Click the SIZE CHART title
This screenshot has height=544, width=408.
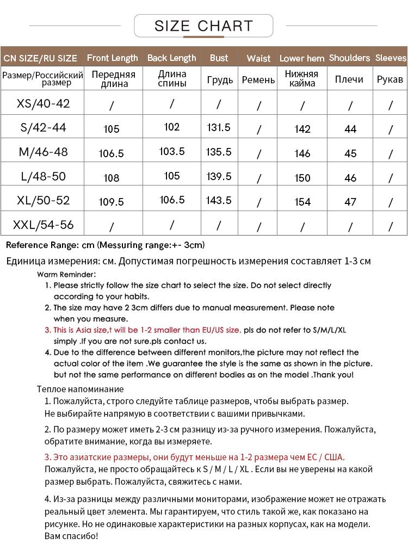[203, 26]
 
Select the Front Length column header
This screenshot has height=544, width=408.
[112, 58]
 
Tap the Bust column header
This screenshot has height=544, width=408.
[219, 58]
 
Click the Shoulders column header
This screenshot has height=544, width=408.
[349, 58]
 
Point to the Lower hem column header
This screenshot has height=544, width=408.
[302, 58]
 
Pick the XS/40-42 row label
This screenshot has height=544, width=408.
[44, 103]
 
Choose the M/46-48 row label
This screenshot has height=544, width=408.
[44, 152]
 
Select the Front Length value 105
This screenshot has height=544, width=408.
[112, 129]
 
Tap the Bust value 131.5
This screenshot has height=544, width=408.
[219, 127]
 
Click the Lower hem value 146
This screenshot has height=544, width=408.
[302, 153]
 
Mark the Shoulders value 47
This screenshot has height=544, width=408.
[350, 202]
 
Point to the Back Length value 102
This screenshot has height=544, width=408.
[171, 127]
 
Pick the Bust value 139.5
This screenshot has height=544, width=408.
[219, 176]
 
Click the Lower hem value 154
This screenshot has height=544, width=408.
[302, 202]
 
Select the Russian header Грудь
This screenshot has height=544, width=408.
[220, 80]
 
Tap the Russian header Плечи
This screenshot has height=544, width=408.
[349, 79]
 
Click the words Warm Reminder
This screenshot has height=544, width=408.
[66, 274]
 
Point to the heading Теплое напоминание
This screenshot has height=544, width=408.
[81, 389]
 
